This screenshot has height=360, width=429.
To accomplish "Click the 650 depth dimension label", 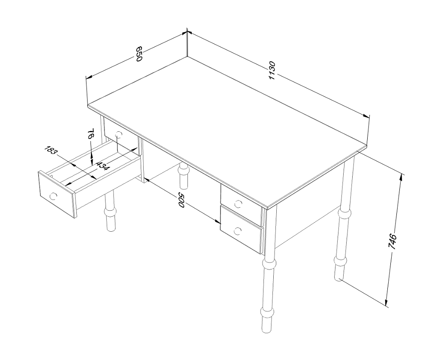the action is click(x=139, y=54).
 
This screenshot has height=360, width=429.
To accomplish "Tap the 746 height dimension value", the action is click(x=393, y=241).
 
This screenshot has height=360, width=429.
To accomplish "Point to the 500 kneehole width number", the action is click(x=181, y=200).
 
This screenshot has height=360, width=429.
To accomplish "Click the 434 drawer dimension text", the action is click(x=103, y=166).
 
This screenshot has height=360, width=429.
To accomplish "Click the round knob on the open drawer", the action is click(x=53, y=196).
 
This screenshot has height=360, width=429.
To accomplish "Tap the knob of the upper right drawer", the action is click(x=238, y=203).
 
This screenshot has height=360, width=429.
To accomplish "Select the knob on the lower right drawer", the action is click(x=238, y=231).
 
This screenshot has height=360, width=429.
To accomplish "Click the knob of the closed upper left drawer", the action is click(x=119, y=134).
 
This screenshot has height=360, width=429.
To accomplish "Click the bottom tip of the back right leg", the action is click(x=339, y=279).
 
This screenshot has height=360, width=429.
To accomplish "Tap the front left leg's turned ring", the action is click(x=111, y=212).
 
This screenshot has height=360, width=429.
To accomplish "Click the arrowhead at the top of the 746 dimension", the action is click(x=401, y=177).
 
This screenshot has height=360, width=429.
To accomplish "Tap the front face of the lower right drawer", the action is click(x=241, y=230).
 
